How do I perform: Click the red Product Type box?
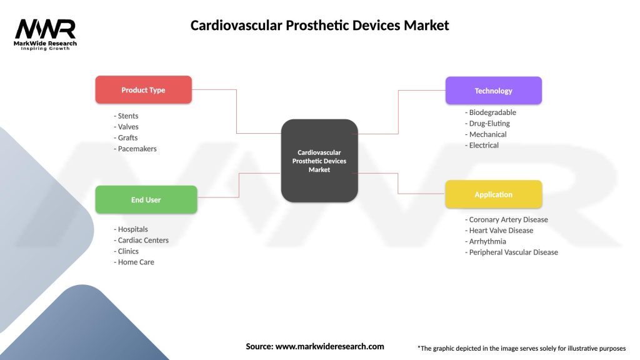(x=143, y=90)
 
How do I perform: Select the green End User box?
(x=146, y=200)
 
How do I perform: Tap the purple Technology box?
(x=493, y=91)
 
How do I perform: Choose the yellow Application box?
(x=493, y=194)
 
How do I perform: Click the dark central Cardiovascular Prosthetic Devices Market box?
(x=319, y=161)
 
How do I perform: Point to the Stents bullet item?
(x=126, y=116)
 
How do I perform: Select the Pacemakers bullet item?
(x=136, y=149)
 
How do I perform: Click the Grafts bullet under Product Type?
(x=126, y=138)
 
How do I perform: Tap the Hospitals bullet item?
(x=131, y=229)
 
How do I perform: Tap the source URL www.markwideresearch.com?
(x=329, y=346)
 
